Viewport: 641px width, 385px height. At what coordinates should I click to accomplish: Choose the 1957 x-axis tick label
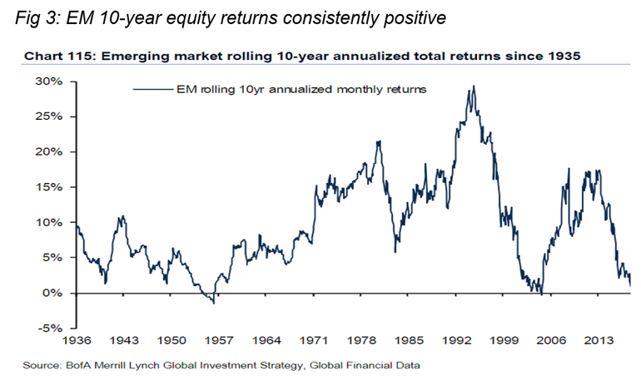(219, 342)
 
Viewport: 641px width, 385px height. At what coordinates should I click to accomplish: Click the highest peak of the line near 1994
(473, 86)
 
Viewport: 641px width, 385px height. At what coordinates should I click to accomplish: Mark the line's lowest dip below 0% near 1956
(214, 303)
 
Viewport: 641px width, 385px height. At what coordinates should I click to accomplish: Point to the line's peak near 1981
(379, 142)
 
